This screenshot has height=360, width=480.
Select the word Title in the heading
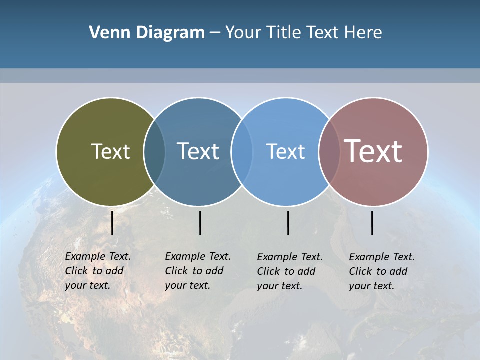[283, 33]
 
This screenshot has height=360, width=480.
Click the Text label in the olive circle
[110, 151]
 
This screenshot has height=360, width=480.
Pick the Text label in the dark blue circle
[198, 151]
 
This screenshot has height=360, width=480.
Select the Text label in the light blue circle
[285, 151]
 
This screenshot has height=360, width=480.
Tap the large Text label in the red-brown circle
[373, 151]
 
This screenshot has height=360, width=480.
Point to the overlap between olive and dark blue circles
[154, 152]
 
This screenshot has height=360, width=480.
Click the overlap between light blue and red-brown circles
[329, 152]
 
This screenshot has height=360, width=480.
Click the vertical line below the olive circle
[112, 223]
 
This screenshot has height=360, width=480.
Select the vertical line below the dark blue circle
[200, 223]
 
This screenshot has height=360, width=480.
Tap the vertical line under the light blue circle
[288, 223]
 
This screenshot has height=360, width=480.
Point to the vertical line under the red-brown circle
[372, 223]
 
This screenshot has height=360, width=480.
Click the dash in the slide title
[215, 33]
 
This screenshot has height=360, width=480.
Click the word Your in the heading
[243, 33]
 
